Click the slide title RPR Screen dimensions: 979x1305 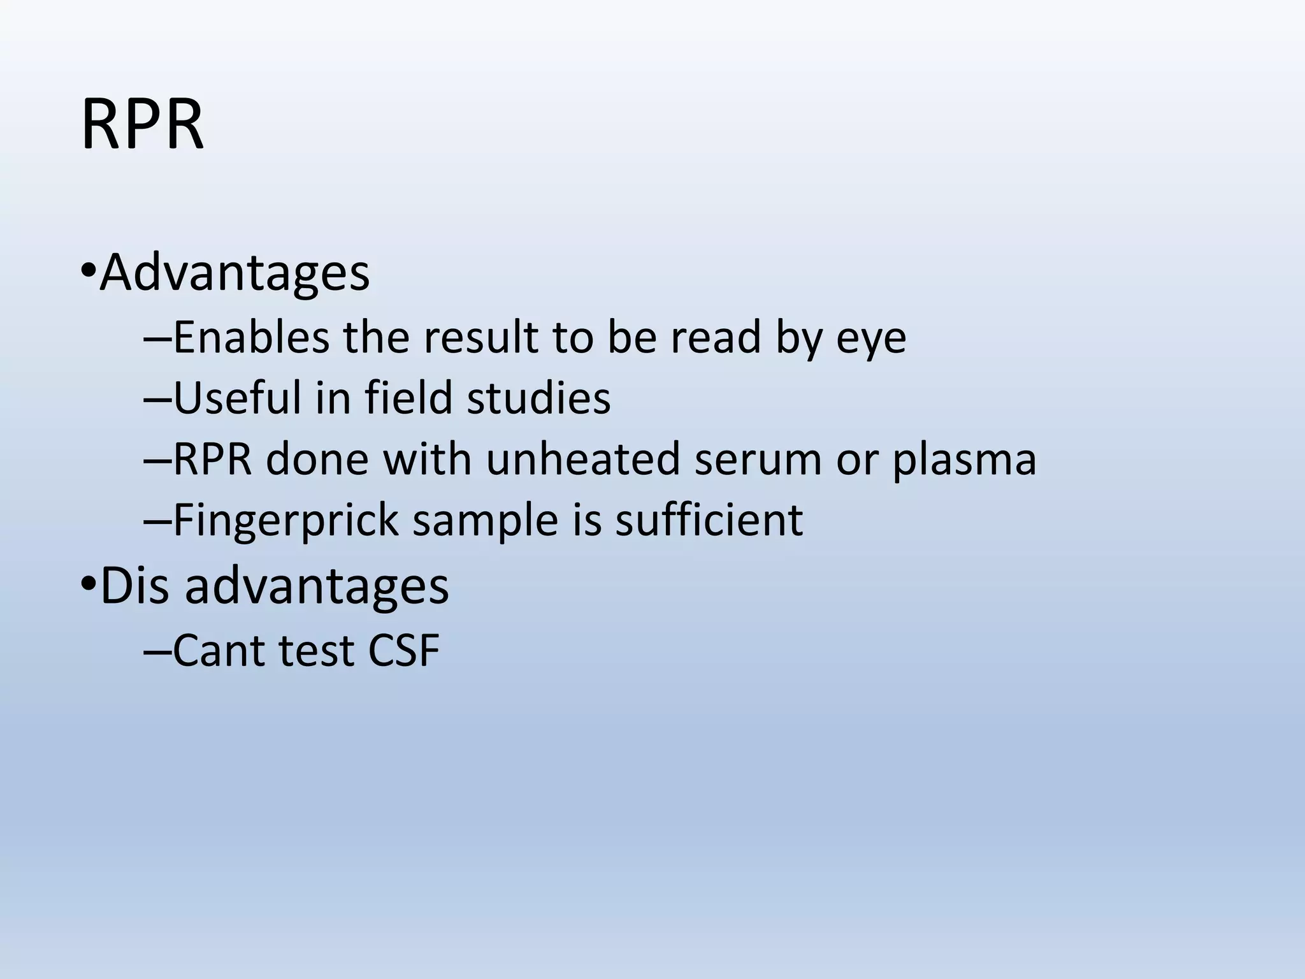click(142, 126)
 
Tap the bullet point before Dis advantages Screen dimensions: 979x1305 click(88, 585)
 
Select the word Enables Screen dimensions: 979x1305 click(251, 337)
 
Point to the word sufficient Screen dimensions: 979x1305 click(709, 519)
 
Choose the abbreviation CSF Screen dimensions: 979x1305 click(403, 651)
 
